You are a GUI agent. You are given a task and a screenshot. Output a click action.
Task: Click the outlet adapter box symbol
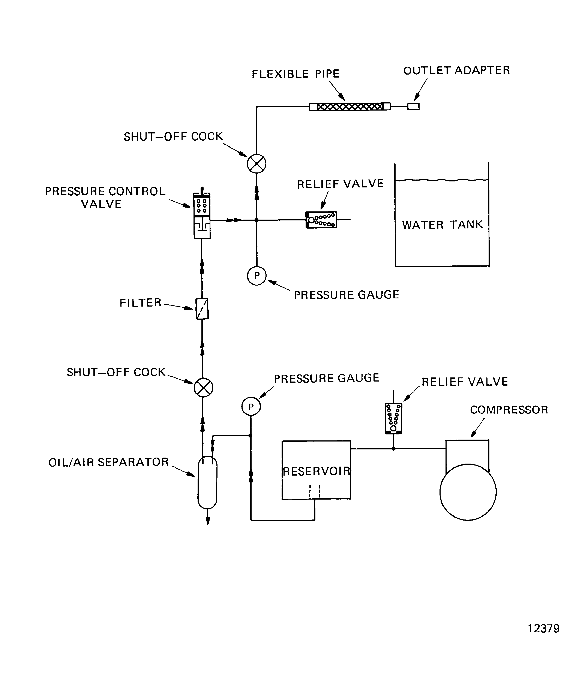pos(413,106)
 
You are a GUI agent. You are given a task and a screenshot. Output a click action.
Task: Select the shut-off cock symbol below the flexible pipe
pos(256,164)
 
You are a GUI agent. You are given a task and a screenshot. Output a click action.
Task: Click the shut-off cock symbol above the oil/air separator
pos(203,388)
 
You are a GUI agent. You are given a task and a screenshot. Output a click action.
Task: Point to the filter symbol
pos(202,308)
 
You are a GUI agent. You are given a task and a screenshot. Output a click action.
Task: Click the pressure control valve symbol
pos(202,216)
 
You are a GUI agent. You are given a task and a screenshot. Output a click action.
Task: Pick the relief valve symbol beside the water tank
pos(321,220)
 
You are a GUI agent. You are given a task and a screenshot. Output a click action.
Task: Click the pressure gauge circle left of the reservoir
pos(251,406)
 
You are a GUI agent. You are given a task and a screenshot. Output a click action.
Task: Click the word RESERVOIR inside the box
pos(316,471)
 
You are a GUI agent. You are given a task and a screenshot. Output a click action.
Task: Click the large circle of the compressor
pos(468,492)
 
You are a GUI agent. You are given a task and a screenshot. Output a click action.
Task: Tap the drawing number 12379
pos(543,629)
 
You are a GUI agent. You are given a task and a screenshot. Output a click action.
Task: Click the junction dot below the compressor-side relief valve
pos(394,449)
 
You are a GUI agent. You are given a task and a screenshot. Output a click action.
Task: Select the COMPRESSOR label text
pos(509,410)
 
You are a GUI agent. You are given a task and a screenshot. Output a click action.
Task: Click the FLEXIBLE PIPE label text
pos(295,74)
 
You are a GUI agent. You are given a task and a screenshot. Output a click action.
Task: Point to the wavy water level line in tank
pos(442,180)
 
